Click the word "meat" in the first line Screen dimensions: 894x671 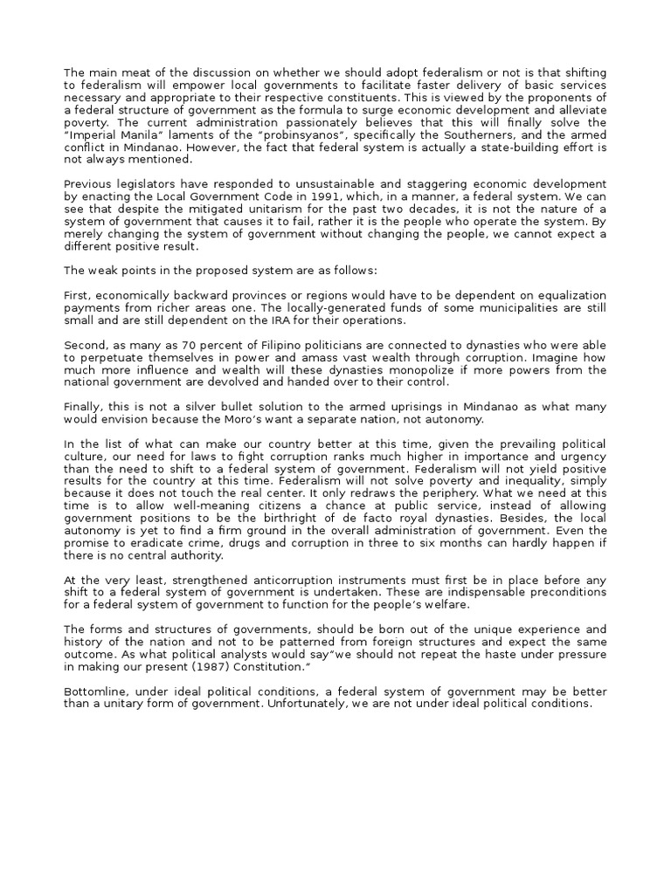tap(128, 72)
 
